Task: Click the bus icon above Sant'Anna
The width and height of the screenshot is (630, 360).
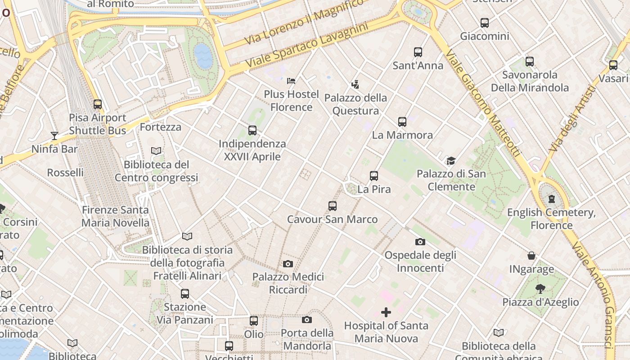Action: [418, 52]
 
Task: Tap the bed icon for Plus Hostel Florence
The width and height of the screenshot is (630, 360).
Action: [291, 81]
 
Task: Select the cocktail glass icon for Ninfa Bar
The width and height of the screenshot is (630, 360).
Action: [54, 135]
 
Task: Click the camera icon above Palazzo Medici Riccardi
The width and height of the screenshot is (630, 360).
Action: [288, 264]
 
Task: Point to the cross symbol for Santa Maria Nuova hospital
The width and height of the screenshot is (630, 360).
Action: [386, 312]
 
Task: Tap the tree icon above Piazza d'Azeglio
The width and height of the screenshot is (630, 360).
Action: [540, 288]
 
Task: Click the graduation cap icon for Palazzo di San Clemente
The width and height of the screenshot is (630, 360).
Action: [451, 161]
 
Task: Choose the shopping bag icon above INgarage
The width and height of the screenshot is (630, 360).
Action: [531, 256]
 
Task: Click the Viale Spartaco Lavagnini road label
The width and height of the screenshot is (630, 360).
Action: [307, 46]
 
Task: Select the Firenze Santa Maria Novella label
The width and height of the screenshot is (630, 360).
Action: [115, 216]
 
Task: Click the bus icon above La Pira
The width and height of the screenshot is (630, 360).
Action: [374, 176]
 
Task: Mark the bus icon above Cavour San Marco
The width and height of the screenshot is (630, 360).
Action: [333, 206]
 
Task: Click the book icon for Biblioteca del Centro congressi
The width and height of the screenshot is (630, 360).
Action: [156, 151]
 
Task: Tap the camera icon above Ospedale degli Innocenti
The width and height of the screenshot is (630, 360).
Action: [420, 242]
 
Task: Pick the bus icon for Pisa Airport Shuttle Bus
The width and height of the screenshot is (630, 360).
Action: [98, 104]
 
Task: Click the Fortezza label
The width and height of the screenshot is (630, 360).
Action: [161, 127]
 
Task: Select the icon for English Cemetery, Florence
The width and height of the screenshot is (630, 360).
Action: [552, 199]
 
